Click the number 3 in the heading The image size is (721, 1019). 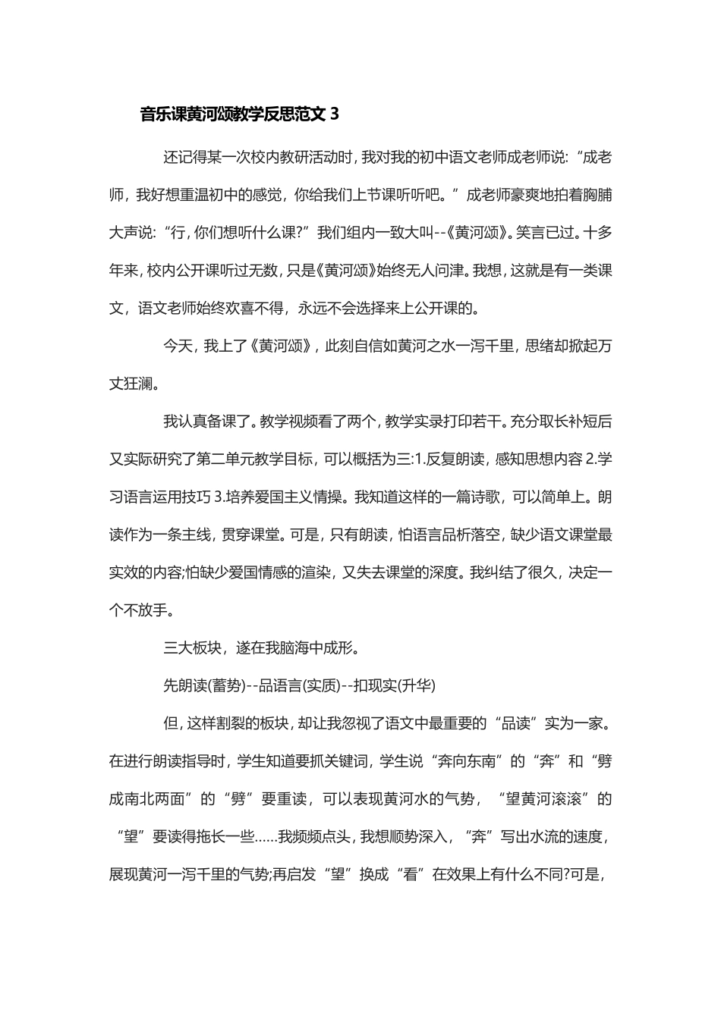coord(335,114)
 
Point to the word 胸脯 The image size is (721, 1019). coord(597,195)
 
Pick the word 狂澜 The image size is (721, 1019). coord(137,384)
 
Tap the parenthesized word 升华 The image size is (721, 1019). coord(417,686)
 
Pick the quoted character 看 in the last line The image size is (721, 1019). coord(414,874)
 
